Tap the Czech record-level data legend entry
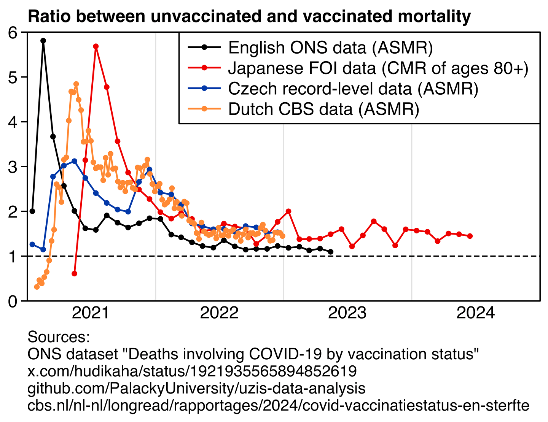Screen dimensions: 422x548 click(x=353, y=89)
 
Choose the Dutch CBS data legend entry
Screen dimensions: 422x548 click(x=323, y=109)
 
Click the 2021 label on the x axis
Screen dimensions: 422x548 click(x=91, y=313)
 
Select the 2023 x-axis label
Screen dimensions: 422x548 click(x=347, y=313)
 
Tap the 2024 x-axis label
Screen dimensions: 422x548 click(x=475, y=313)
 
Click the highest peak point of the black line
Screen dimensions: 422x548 click(x=43, y=41)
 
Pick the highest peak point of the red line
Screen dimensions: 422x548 click(x=96, y=46)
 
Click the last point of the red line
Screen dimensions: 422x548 click(x=470, y=236)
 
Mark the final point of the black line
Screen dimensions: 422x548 click(x=331, y=252)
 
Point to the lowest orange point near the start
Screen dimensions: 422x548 click(x=37, y=287)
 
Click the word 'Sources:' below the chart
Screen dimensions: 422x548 click(x=59, y=337)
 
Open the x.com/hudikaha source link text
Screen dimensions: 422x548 click(x=192, y=371)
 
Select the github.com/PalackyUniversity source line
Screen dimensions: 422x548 click(x=196, y=388)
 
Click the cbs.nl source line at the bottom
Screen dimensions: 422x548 click(x=278, y=405)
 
